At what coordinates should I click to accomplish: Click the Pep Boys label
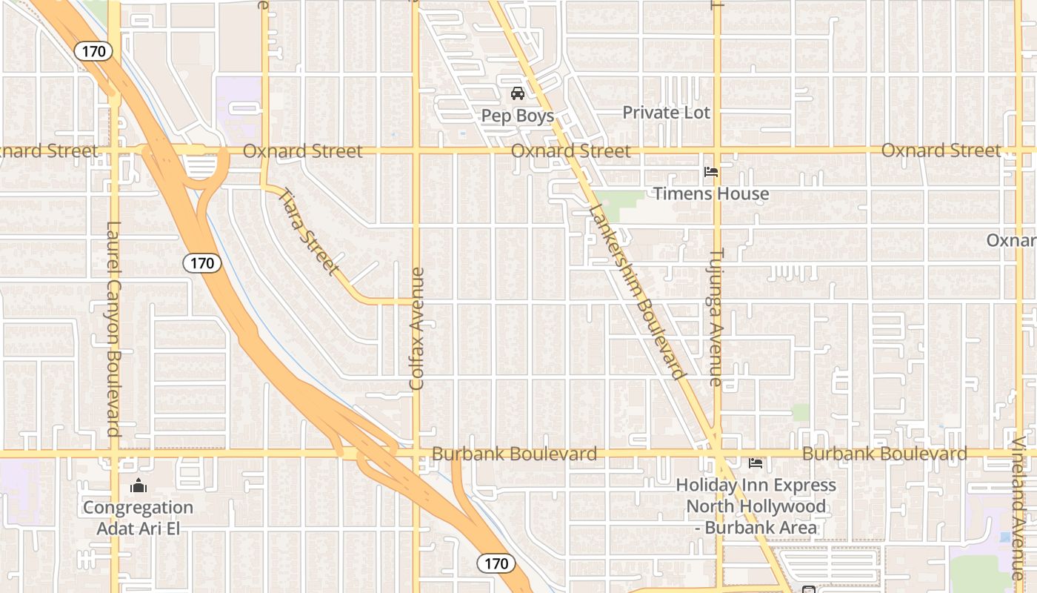click(517, 116)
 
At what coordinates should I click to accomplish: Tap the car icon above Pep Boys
click(517, 93)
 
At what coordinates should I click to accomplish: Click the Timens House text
click(710, 193)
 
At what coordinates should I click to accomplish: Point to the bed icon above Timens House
click(711, 172)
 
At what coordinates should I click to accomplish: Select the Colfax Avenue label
click(417, 328)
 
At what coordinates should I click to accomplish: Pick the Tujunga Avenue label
click(716, 317)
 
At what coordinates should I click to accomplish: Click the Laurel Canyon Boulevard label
click(113, 328)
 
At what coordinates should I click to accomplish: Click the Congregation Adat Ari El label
click(138, 517)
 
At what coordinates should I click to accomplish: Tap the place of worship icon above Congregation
click(138, 486)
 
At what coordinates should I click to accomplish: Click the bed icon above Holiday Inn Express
click(756, 463)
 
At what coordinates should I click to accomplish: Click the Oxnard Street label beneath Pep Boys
click(570, 150)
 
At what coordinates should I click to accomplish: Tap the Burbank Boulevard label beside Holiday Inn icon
click(884, 453)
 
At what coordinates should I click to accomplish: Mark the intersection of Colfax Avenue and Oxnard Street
click(416, 150)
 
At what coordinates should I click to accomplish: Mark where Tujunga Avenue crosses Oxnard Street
click(716, 150)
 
